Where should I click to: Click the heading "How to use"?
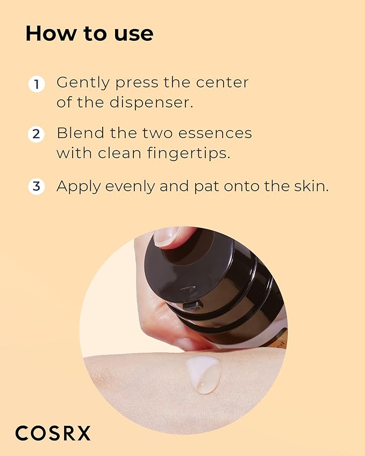click(89, 33)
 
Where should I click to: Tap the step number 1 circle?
click(36, 84)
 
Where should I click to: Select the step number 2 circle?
click(36, 134)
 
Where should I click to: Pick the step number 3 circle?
click(36, 186)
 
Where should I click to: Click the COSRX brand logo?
click(53, 433)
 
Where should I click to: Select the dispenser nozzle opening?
click(192, 306)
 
